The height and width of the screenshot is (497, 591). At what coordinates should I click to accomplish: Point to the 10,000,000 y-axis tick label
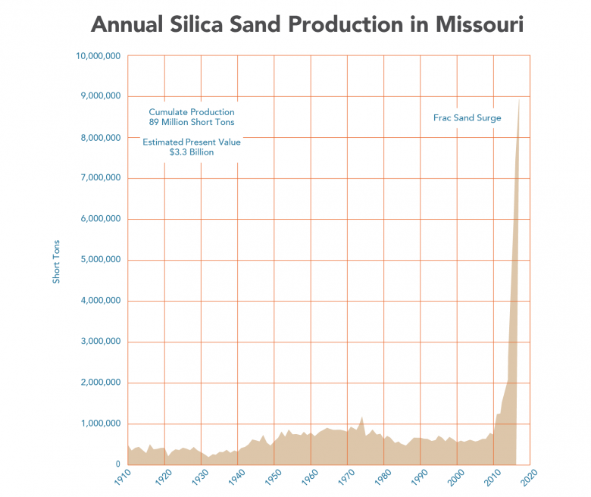pyautogui.click(x=98, y=55)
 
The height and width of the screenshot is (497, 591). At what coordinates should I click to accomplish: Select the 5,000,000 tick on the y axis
pyautogui.click(x=100, y=260)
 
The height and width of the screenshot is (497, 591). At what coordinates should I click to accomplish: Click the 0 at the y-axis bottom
pyautogui.click(x=117, y=464)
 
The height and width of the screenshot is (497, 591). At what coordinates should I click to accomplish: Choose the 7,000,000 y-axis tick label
pyautogui.click(x=100, y=178)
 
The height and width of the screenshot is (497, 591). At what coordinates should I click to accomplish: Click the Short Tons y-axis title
pyautogui.click(x=56, y=261)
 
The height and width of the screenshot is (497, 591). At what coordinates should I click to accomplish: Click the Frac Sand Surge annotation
pyautogui.click(x=467, y=118)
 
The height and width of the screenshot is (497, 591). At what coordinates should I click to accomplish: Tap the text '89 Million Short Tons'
pyautogui.click(x=192, y=122)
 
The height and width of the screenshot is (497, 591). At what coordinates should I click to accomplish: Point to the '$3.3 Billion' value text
pyautogui.click(x=192, y=152)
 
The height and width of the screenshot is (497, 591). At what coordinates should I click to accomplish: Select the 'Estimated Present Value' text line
pyautogui.click(x=192, y=142)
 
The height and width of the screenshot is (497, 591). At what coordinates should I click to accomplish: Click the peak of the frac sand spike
pyautogui.click(x=518, y=101)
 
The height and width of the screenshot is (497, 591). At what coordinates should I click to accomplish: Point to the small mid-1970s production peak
pyautogui.click(x=362, y=417)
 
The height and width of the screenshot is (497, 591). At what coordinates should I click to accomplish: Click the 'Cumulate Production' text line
pyautogui.click(x=192, y=112)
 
